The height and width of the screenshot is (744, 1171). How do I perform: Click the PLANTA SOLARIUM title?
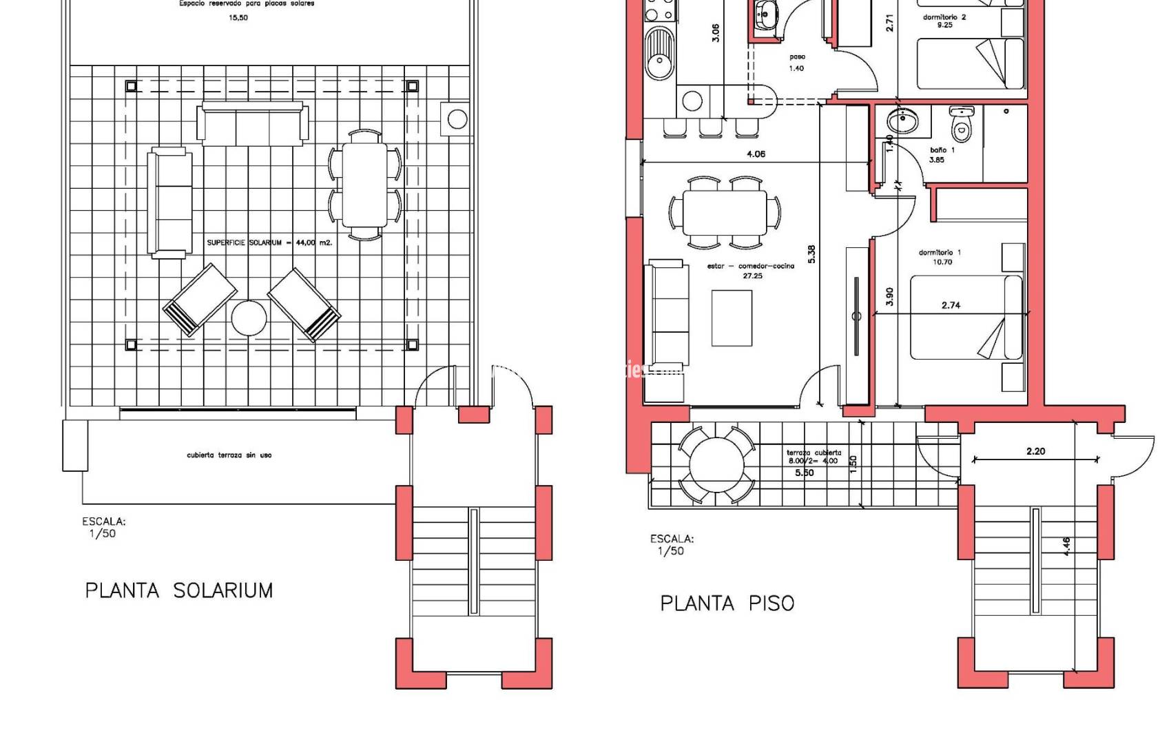click(179, 590)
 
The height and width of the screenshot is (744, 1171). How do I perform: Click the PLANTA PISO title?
click(727, 603)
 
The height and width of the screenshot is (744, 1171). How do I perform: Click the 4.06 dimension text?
click(756, 154)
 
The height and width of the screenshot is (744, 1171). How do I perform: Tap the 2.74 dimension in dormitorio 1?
click(951, 304)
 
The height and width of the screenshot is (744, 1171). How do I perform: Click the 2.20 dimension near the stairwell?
click(1035, 451)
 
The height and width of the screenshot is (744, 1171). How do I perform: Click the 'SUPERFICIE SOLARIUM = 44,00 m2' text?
click(269, 242)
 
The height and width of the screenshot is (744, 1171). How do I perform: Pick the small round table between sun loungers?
click(249, 318)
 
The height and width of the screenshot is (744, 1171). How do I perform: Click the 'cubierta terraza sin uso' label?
click(229, 455)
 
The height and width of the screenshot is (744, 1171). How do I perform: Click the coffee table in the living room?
click(732, 318)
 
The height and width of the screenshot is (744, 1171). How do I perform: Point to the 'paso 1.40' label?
click(796, 63)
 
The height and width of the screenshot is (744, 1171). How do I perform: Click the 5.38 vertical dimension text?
click(811, 254)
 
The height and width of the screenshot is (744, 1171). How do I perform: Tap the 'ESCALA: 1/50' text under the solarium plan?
click(103, 527)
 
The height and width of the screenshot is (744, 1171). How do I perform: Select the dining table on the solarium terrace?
click(365, 185)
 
